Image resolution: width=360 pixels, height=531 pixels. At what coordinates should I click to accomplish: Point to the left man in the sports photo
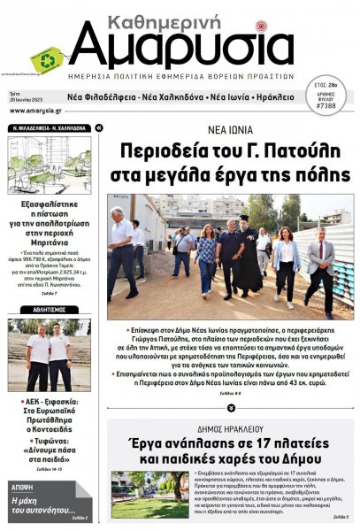(38, 358)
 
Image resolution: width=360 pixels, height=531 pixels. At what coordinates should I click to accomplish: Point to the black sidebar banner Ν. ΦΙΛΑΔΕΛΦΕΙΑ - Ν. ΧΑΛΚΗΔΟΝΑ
(49, 127)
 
